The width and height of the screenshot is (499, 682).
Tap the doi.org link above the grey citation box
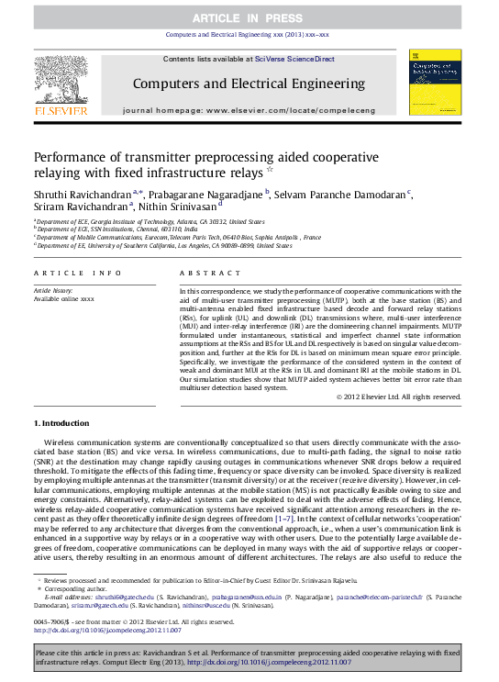coord(107,631)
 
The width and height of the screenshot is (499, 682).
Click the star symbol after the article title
coord(269,171)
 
